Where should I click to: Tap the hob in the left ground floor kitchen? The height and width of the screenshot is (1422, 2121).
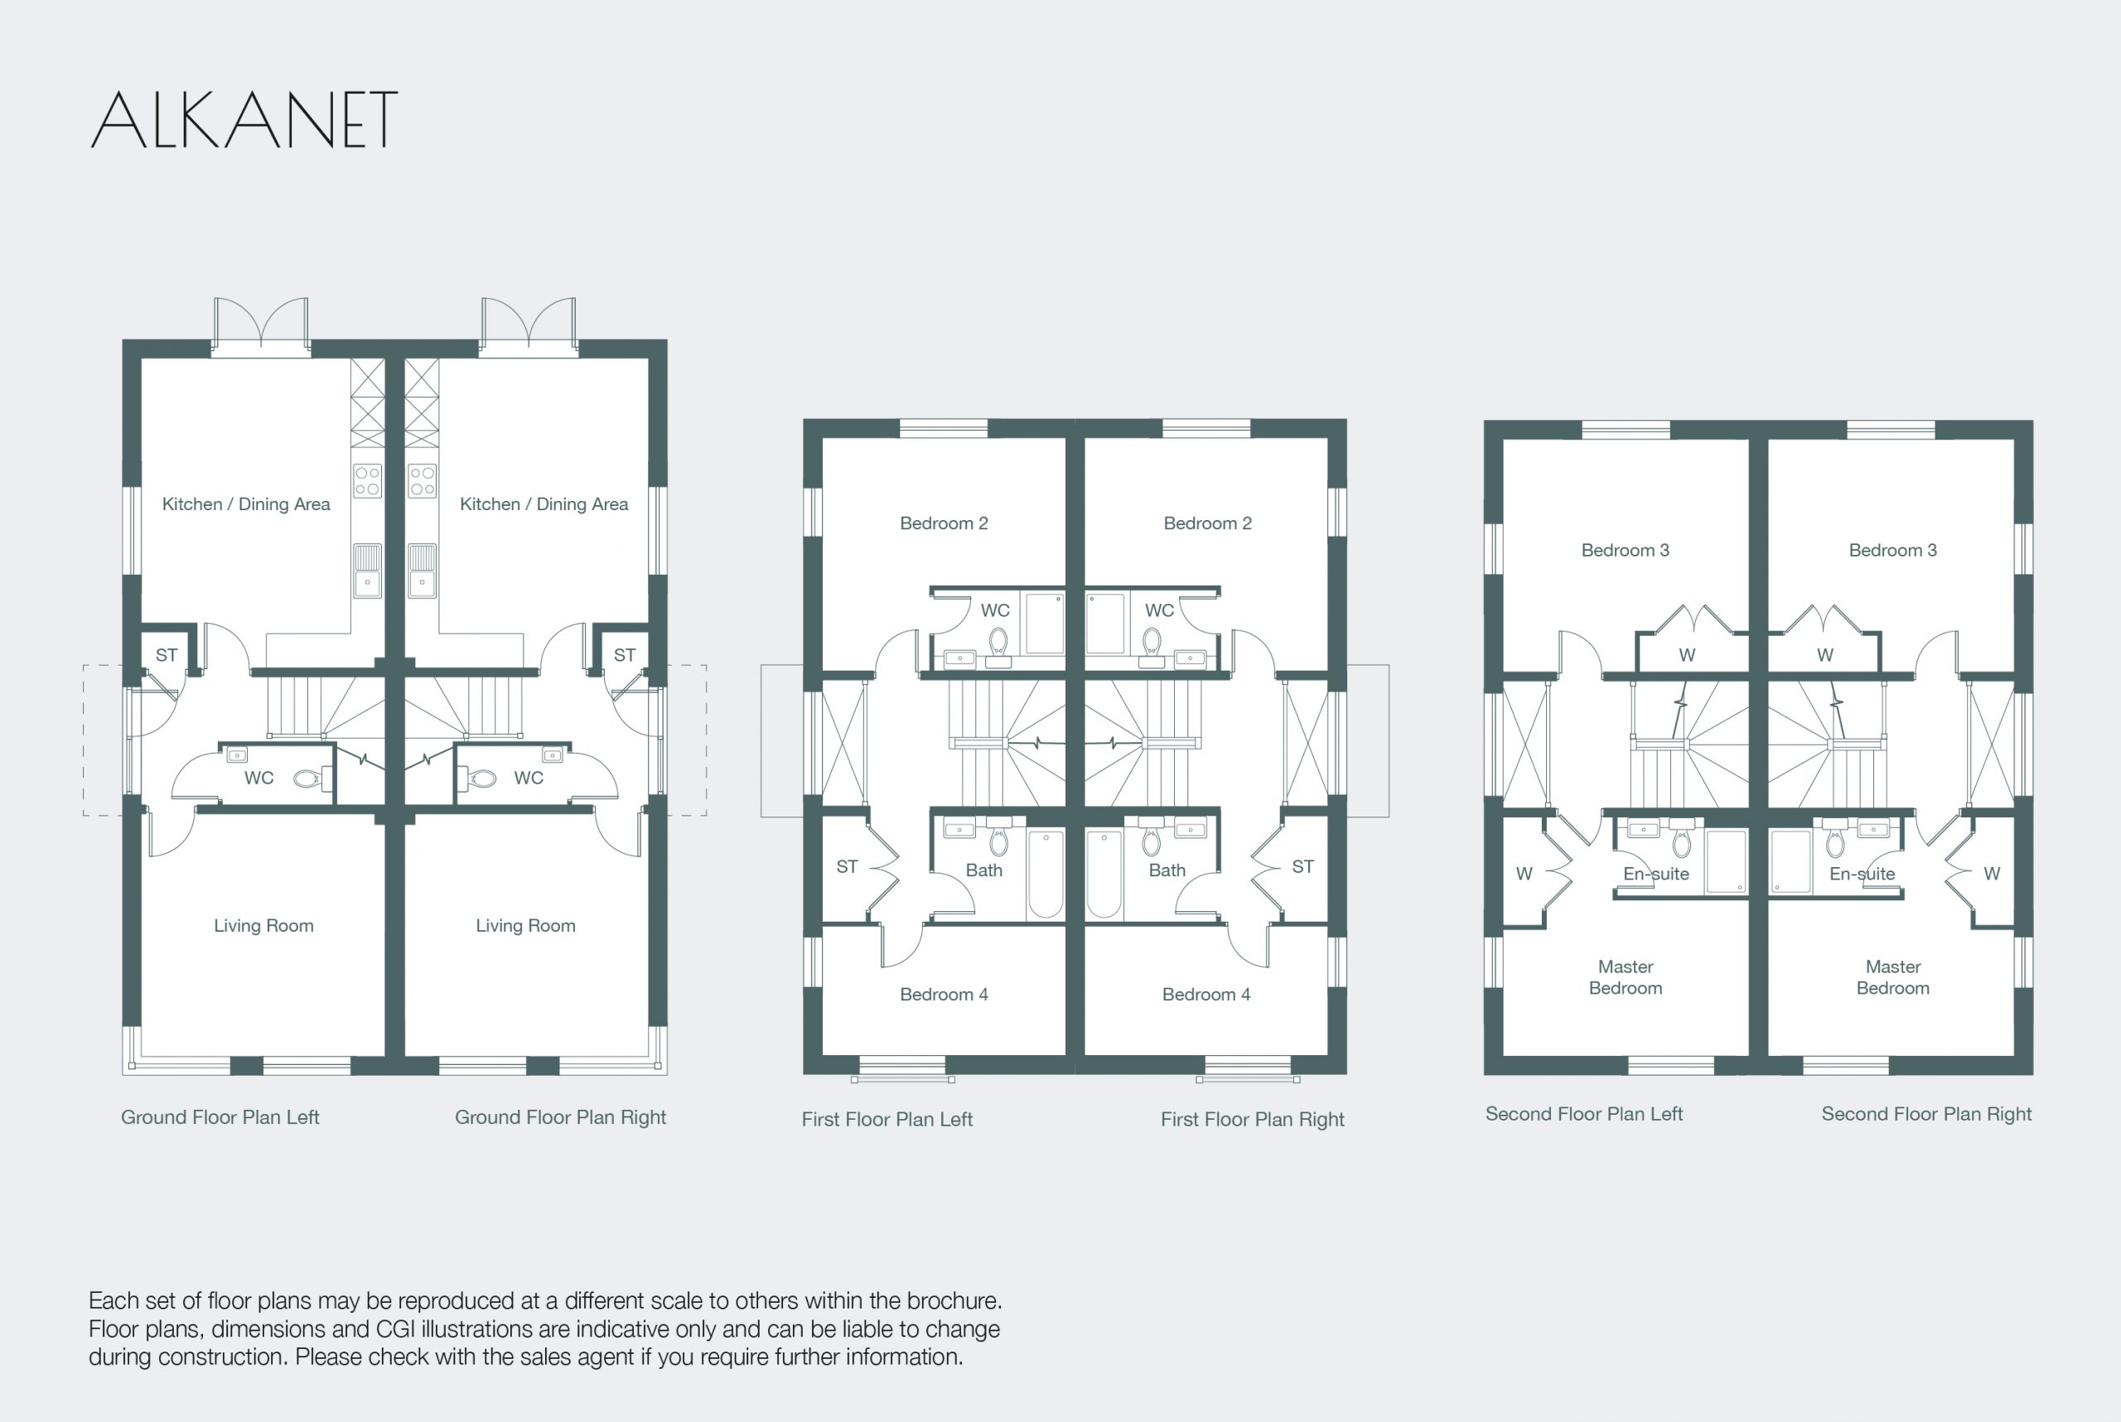pyautogui.click(x=367, y=480)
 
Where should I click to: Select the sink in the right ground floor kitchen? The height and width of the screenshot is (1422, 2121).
pyautogui.click(x=422, y=571)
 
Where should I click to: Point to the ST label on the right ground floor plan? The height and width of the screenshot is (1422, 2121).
pyautogui.click(x=624, y=655)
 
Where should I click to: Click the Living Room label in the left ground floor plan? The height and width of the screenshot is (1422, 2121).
pyautogui.click(x=264, y=925)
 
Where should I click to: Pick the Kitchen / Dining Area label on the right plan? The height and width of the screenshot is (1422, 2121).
pyautogui.click(x=544, y=504)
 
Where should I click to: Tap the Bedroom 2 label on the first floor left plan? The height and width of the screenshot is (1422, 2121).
pyautogui.click(x=944, y=523)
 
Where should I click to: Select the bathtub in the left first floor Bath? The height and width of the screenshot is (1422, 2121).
pyautogui.click(x=1045, y=875)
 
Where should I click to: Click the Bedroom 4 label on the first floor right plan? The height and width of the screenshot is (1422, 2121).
pyautogui.click(x=1205, y=994)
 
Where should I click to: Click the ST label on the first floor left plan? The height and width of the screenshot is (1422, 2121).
pyautogui.click(x=847, y=867)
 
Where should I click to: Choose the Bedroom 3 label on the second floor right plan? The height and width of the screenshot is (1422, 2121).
pyautogui.click(x=1892, y=551)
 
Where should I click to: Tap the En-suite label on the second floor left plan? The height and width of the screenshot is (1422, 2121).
pyautogui.click(x=1655, y=874)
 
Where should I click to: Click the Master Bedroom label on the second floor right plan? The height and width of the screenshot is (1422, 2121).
pyautogui.click(x=1892, y=977)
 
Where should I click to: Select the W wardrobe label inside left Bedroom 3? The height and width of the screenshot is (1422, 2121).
pyautogui.click(x=1687, y=655)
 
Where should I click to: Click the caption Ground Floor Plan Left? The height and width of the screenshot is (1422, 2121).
pyautogui.click(x=220, y=1117)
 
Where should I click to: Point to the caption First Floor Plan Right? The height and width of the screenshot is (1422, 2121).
pyautogui.click(x=1252, y=1119)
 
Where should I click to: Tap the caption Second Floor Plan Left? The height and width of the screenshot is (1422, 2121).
pyautogui.click(x=1583, y=1114)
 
